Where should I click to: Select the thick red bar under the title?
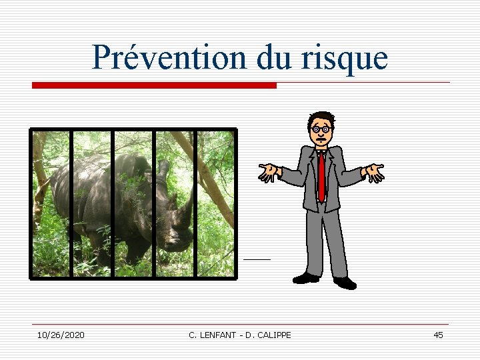154,85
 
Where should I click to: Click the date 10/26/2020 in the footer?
61,335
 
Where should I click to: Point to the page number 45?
438,335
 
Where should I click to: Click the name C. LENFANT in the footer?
211,335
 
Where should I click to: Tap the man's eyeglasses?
321,128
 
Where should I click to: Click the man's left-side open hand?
269,173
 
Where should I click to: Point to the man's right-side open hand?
374,172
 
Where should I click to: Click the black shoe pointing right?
345,283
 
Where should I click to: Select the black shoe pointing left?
306,278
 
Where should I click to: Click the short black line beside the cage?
257,258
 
